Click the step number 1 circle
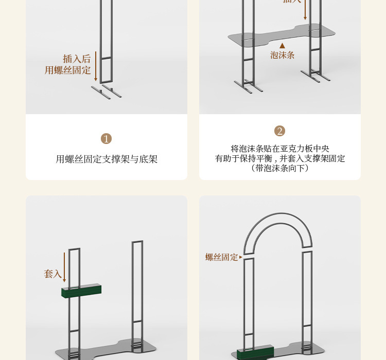tap(107, 139)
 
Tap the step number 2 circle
tap(279, 131)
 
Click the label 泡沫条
tap(282, 55)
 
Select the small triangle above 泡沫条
tap(282, 45)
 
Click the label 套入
tap(52, 274)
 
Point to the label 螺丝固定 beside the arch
tap(222, 257)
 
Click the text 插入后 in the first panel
tap(77, 59)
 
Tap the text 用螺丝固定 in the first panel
tap(68, 70)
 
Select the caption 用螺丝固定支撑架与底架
tap(107, 159)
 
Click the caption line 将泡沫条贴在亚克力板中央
tap(279, 149)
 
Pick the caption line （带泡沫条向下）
tap(279, 168)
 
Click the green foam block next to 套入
tap(81, 292)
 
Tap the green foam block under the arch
tap(254, 353)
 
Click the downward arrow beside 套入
tap(64, 267)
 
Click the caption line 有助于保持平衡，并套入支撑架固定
tap(279, 158)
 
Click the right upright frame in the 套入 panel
tap(137, 288)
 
